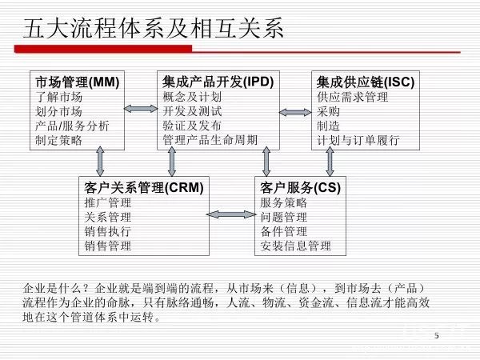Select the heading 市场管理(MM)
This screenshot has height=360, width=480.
(x=77, y=82)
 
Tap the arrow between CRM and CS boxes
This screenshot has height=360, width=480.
(x=230, y=214)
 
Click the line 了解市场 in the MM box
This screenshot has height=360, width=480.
(x=58, y=97)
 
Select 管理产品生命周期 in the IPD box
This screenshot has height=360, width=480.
(x=210, y=140)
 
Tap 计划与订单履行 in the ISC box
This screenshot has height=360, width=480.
(x=357, y=140)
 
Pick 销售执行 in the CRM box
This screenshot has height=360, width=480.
(x=107, y=231)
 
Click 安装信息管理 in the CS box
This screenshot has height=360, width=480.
(x=295, y=246)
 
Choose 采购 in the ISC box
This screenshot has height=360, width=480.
(x=328, y=111)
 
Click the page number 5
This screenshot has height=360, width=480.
(x=437, y=335)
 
